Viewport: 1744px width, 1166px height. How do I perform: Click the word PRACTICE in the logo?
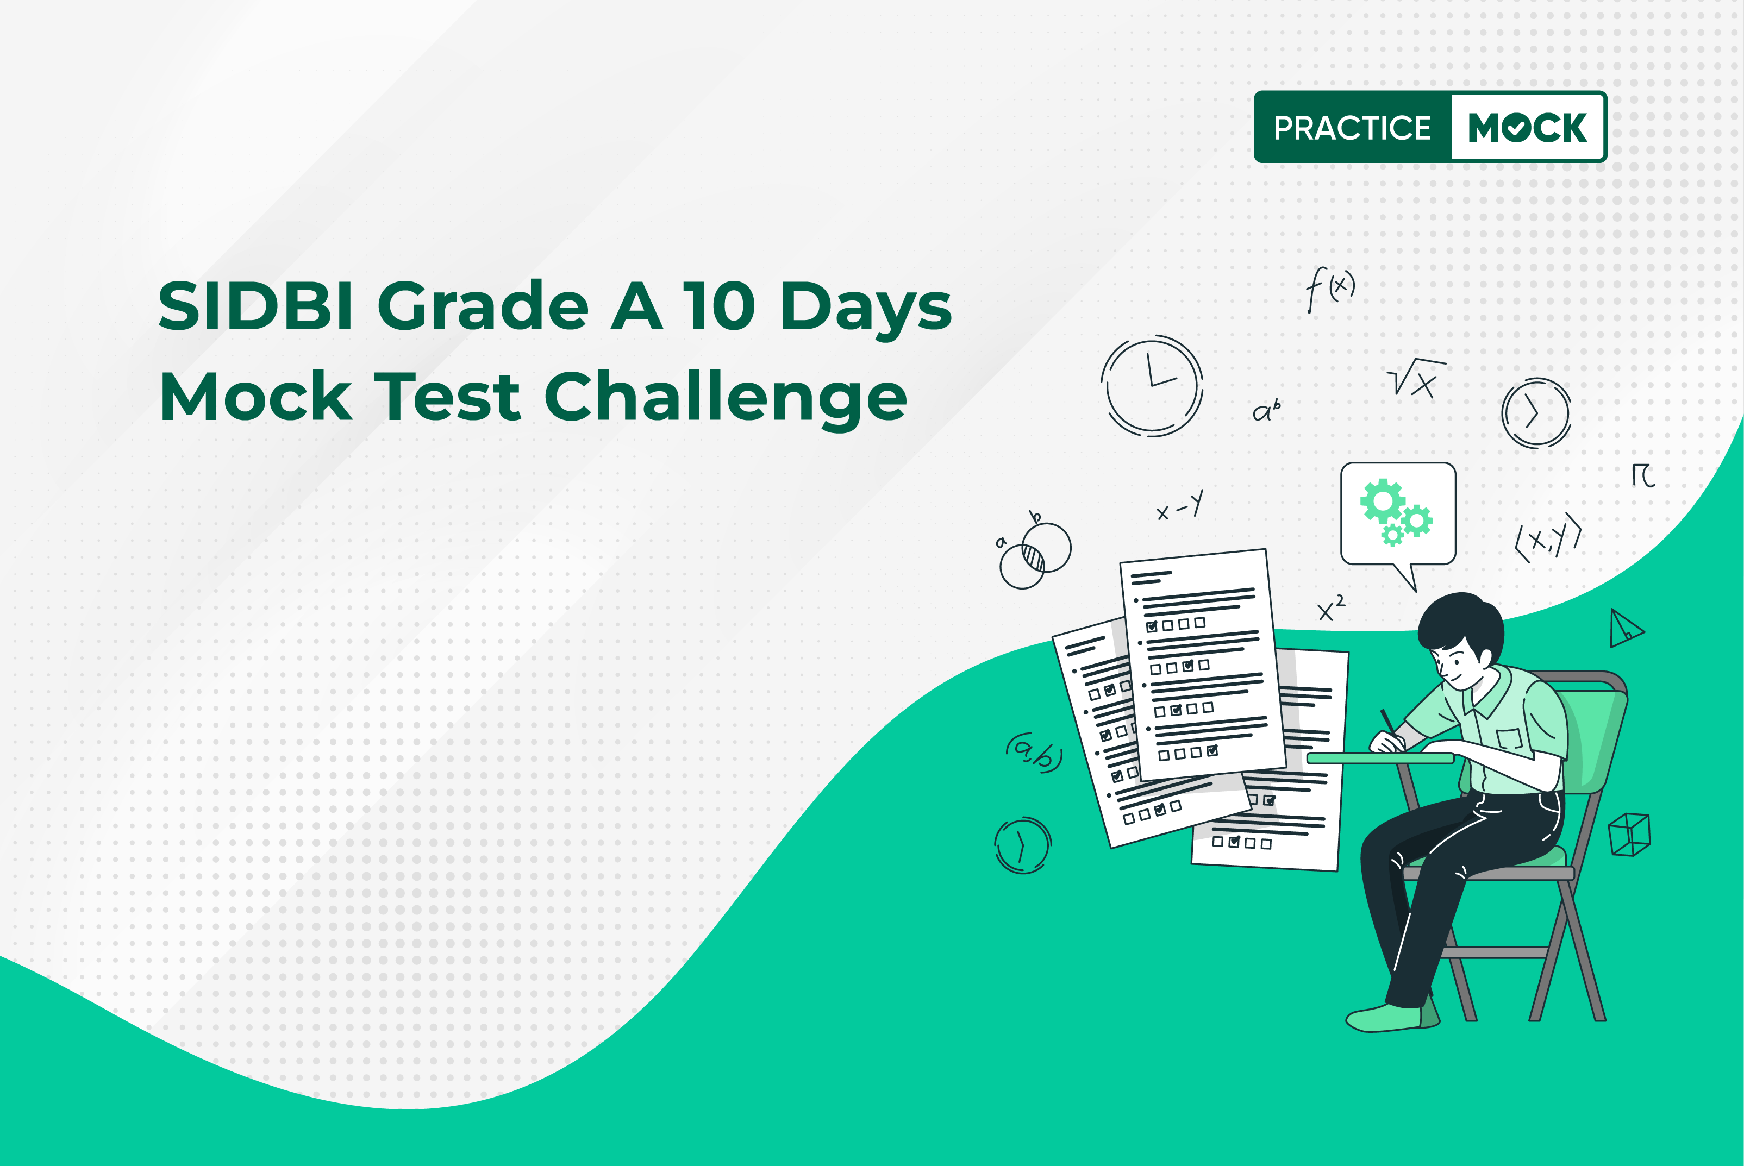coord(1352,128)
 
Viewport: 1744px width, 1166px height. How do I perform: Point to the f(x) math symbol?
coord(1330,289)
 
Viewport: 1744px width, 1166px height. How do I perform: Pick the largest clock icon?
coord(1152,386)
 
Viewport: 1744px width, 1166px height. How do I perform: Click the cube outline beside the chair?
coord(1629,835)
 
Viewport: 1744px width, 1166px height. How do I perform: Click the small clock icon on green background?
coord(1023,845)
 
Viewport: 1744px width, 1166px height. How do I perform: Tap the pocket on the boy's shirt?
coord(1510,739)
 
